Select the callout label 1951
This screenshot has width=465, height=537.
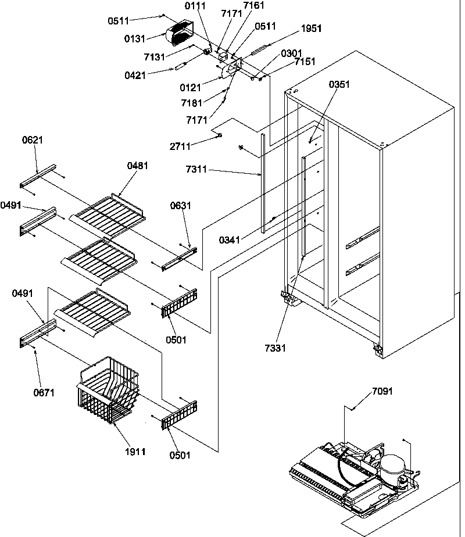click(x=312, y=28)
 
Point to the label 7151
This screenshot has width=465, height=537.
click(x=306, y=61)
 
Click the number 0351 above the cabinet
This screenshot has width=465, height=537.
click(x=339, y=84)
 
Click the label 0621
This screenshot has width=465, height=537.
click(x=33, y=140)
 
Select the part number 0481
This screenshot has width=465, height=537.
click(x=137, y=166)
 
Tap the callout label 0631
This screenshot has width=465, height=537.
click(x=180, y=206)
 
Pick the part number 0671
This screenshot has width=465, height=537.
click(x=44, y=392)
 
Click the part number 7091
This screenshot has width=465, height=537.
click(x=382, y=391)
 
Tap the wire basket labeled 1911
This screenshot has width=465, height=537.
click(x=109, y=389)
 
